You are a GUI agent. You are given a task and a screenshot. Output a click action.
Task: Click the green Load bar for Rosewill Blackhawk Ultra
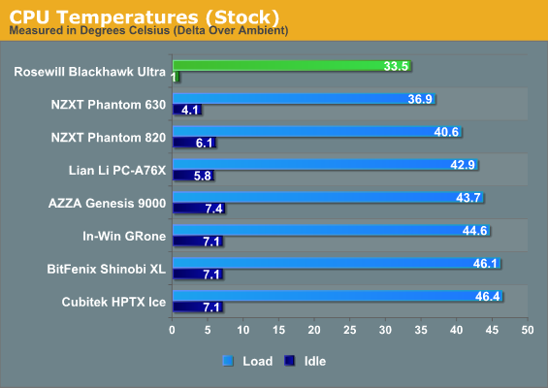[x=292, y=66]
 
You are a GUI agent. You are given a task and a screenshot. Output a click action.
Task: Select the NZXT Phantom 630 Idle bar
[x=187, y=110]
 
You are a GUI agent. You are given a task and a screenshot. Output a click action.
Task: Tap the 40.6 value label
[x=446, y=132]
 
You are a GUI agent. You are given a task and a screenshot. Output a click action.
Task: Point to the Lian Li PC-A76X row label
[x=117, y=170]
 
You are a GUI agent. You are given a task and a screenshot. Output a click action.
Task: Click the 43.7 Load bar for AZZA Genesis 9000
[x=328, y=197]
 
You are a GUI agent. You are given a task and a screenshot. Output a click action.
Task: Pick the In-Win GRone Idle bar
[x=198, y=242]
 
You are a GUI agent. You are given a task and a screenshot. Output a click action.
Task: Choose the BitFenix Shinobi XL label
[x=107, y=269]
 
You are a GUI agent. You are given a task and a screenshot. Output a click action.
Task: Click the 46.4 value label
[x=488, y=296]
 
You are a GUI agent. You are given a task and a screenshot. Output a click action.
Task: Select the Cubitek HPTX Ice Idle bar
[x=198, y=307]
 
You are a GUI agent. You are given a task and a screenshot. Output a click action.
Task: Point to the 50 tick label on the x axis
[x=528, y=330]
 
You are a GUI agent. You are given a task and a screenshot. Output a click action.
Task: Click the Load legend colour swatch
[x=228, y=361]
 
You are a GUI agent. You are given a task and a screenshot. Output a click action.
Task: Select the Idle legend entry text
[x=315, y=361]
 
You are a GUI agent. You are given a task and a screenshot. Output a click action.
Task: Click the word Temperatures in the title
[x=129, y=16]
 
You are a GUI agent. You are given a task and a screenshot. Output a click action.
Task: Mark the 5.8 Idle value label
[x=203, y=176]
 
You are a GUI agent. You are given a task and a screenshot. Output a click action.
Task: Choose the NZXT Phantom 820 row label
[x=109, y=138]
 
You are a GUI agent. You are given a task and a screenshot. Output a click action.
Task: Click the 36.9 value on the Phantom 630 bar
[x=420, y=99]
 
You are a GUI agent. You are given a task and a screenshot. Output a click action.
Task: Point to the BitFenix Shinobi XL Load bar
[x=337, y=263]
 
